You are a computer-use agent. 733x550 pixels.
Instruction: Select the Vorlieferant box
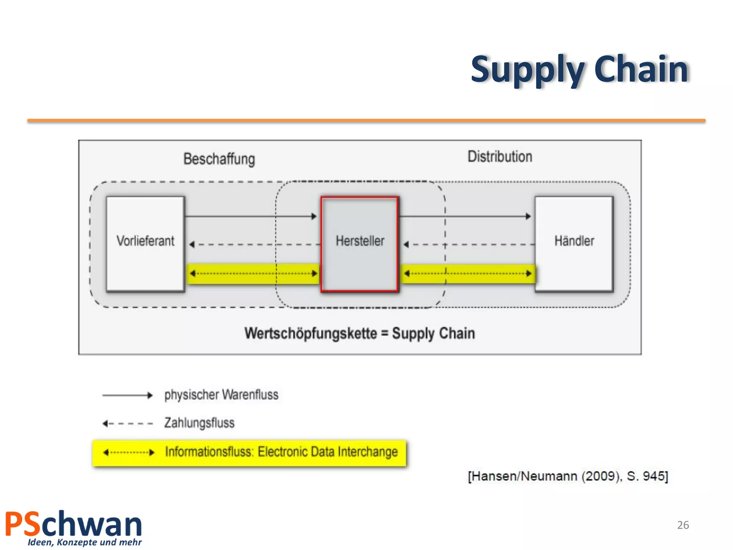pos(145,243)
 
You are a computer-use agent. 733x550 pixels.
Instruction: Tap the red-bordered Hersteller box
pos(360,243)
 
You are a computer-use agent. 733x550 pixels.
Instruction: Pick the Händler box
pos(574,243)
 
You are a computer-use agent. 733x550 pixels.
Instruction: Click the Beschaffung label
pos(219,159)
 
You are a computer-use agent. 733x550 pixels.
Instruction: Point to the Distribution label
pos(500,157)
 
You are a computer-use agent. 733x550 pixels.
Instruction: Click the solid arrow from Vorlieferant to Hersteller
pos(251,216)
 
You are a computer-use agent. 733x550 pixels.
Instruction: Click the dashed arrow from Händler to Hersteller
pos(469,245)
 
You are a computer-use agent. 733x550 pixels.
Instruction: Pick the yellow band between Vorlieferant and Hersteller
pos(253,274)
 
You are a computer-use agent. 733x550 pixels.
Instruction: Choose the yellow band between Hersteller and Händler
pos(467,274)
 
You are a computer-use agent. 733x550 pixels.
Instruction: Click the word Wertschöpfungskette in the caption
pos(311,333)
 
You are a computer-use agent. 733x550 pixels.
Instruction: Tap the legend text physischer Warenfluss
pos(221,395)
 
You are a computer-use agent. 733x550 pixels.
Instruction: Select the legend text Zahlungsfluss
pos(199,423)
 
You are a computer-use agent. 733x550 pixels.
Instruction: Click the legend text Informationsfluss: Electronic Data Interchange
pos(281,452)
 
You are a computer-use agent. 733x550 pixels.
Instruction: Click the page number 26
pos(683,525)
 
